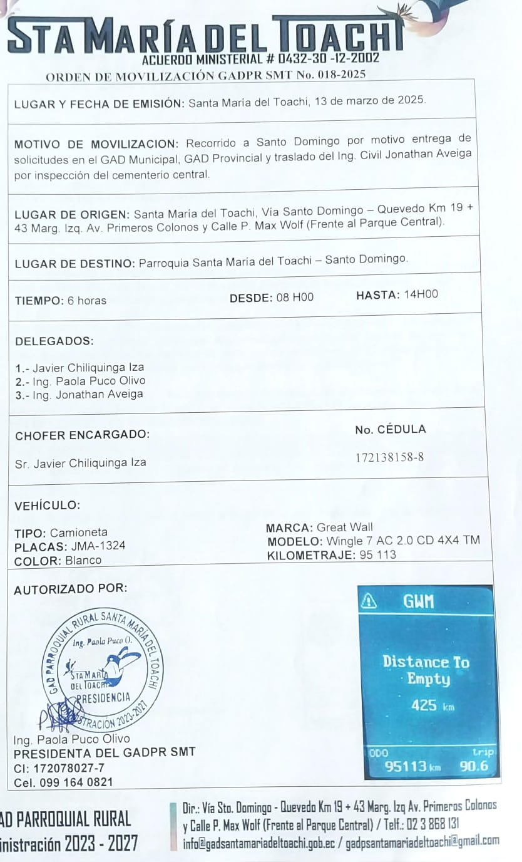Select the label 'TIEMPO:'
39,301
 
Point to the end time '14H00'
421,294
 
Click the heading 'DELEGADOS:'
54,341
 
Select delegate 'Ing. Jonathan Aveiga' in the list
88,395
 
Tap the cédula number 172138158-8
389,457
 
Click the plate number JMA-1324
98,546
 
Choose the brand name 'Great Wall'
345,527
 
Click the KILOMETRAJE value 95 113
378,555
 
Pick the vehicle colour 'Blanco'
83,561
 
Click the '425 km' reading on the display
432,705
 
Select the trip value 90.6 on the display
474,767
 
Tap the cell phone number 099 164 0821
76,782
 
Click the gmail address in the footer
422,841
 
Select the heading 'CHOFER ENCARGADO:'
82,435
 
